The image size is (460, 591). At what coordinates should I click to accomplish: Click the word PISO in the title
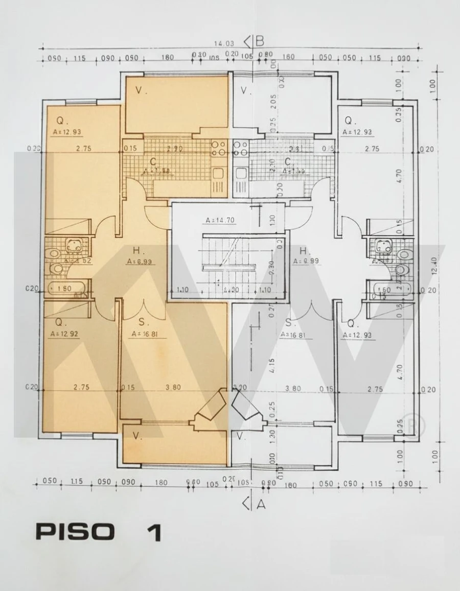[x=75, y=532]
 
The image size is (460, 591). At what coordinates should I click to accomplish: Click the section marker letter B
[x=260, y=40]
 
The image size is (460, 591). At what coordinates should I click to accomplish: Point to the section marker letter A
[x=261, y=504]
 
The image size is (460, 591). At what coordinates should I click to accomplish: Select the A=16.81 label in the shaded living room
[x=144, y=334]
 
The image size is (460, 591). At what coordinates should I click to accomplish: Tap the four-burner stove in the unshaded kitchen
[x=241, y=149]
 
